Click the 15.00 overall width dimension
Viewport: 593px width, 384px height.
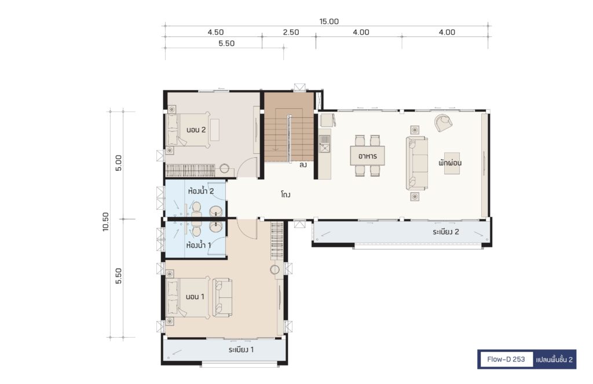pos(329,21)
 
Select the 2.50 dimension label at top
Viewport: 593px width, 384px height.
pos(291,32)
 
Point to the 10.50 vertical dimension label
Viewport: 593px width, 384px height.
pos(106,222)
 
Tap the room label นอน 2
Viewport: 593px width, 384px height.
pos(196,130)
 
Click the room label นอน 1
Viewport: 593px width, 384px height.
pos(195,297)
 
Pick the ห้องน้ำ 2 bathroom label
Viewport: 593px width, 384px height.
pos(201,191)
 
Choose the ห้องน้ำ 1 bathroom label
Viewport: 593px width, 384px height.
pos(199,245)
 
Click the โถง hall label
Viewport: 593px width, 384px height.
pos(285,195)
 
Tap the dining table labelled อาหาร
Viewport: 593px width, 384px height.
pos(368,156)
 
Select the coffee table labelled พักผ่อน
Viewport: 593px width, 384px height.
pos(452,163)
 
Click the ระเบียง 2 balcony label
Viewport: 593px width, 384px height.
pos(446,232)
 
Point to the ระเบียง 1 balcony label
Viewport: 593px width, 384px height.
pos(241,350)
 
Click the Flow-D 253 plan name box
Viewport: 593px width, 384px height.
pos(506,360)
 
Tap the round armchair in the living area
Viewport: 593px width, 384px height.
pos(443,123)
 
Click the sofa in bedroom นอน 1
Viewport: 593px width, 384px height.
pos(222,297)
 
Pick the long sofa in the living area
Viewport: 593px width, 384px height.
pos(417,163)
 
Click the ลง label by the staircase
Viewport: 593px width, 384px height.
pos(303,165)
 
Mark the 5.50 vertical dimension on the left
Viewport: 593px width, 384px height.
pos(119,276)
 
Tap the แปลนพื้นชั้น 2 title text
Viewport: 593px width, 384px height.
pos(554,360)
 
